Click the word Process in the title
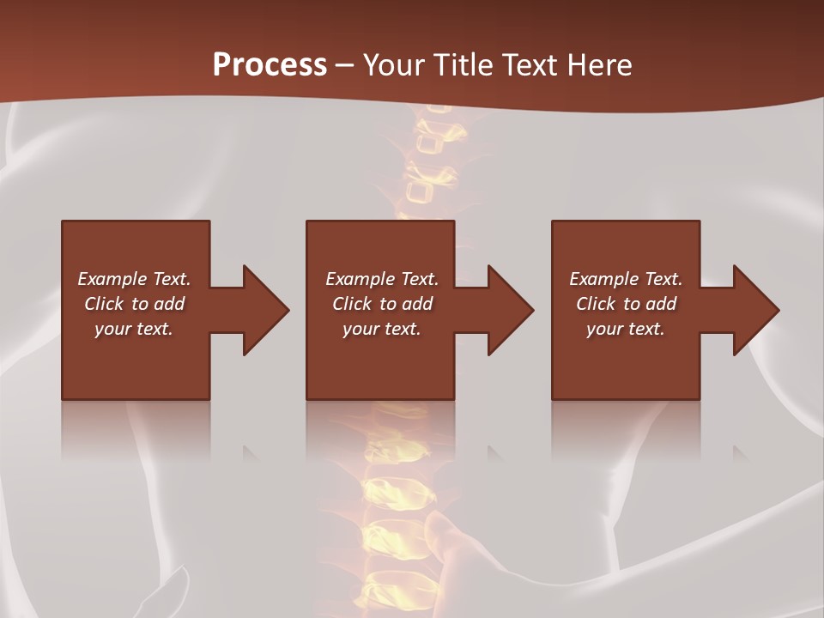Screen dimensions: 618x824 pyautogui.click(x=270, y=65)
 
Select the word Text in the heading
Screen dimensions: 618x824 pyautogui.click(x=530, y=65)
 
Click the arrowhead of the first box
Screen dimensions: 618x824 pyautogui.click(x=266, y=310)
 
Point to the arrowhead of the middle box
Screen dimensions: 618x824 pyautogui.click(x=511, y=310)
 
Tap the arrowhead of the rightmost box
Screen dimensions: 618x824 pyautogui.click(x=756, y=310)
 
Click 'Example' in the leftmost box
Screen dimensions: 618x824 pyautogui.click(x=112, y=279)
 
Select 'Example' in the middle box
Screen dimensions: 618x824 pyautogui.click(x=360, y=279)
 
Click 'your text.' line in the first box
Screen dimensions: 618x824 pyautogui.click(x=134, y=329)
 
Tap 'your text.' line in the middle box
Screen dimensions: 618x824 pyautogui.click(x=382, y=329)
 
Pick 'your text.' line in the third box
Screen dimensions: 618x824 pyautogui.click(x=626, y=329)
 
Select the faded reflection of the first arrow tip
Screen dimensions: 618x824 pyautogui.click(x=251, y=452)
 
